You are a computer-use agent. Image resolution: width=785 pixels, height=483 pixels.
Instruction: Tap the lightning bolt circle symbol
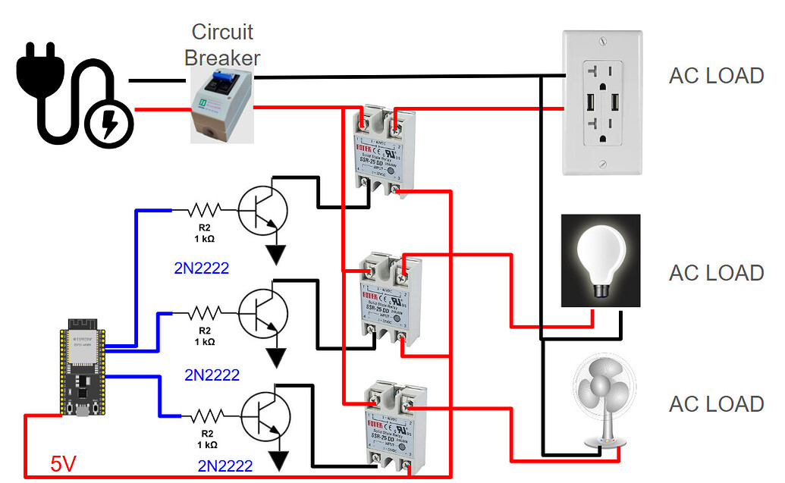[x=108, y=121]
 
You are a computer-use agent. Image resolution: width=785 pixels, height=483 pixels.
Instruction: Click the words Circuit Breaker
[x=222, y=45]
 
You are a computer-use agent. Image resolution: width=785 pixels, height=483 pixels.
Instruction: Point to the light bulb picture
[x=600, y=260]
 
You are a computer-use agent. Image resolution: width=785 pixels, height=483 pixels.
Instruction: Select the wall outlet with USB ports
[x=602, y=102]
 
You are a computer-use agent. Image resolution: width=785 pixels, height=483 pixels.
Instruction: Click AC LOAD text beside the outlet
[x=715, y=76]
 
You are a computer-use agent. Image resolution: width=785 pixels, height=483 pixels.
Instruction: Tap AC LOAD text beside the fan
[x=715, y=404]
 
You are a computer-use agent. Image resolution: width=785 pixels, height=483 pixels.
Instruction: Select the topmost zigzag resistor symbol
[x=204, y=209]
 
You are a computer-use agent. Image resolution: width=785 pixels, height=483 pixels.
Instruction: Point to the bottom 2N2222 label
[x=225, y=465]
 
